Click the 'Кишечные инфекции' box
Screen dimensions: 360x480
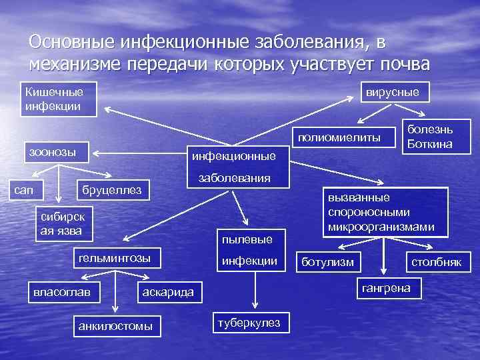click(59, 99)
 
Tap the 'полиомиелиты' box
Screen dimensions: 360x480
click(340, 137)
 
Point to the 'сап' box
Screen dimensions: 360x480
click(25, 191)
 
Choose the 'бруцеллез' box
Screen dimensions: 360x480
click(111, 191)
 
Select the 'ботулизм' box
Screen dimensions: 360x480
click(328, 261)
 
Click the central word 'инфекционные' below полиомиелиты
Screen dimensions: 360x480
click(233, 157)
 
